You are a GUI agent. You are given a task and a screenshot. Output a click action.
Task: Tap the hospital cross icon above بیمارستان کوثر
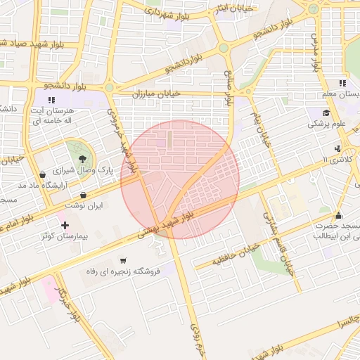[x=65, y=225]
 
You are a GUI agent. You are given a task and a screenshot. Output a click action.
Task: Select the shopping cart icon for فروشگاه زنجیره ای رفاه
[x=124, y=260]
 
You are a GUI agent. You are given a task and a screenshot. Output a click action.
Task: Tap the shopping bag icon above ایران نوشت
[x=84, y=195]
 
